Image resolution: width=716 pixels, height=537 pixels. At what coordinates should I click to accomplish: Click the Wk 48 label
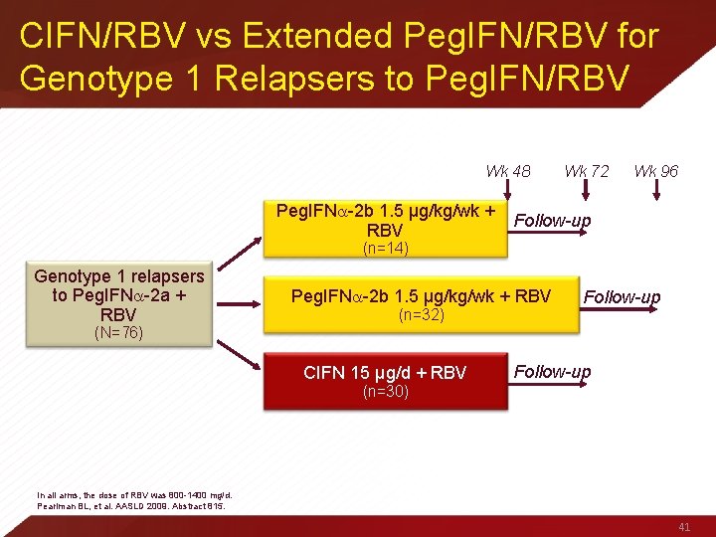point(507,171)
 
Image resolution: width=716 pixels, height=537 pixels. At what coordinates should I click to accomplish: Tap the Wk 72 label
point(587,171)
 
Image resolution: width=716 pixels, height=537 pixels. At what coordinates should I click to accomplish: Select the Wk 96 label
point(656,171)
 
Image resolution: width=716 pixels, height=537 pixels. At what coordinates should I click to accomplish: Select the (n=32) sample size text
point(421,315)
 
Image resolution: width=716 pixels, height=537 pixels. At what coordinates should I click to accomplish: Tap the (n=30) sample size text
point(386,392)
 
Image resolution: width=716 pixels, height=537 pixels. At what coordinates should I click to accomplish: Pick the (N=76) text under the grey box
point(118,332)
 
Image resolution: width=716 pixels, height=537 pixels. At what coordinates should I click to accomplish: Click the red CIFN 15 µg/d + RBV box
point(385,381)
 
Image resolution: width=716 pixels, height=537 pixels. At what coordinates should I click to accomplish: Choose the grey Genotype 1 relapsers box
point(118,303)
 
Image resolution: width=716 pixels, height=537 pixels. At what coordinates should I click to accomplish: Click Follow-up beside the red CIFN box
point(552,372)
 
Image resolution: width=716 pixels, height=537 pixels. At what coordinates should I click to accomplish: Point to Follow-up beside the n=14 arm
point(552,220)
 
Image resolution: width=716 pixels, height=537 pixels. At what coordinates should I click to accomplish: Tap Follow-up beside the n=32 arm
point(622,296)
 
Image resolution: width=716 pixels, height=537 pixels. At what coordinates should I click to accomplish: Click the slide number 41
point(682,526)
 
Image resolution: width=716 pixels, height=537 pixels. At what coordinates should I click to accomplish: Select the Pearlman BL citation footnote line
point(131,505)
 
